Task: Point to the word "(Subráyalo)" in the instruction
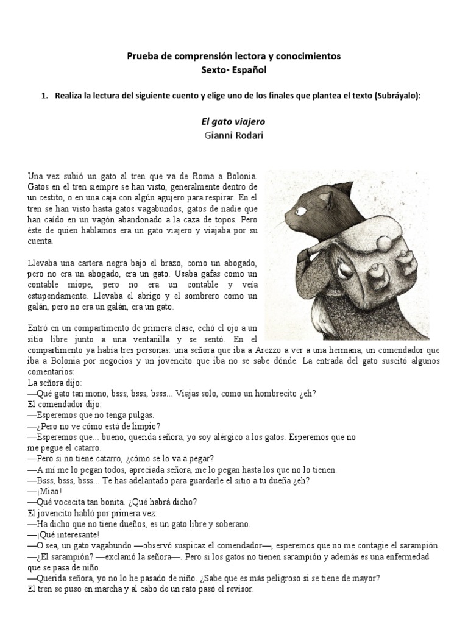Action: tap(399, 95)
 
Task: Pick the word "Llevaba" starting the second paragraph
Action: tap(44, 263)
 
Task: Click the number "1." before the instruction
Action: tap(44, 95)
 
